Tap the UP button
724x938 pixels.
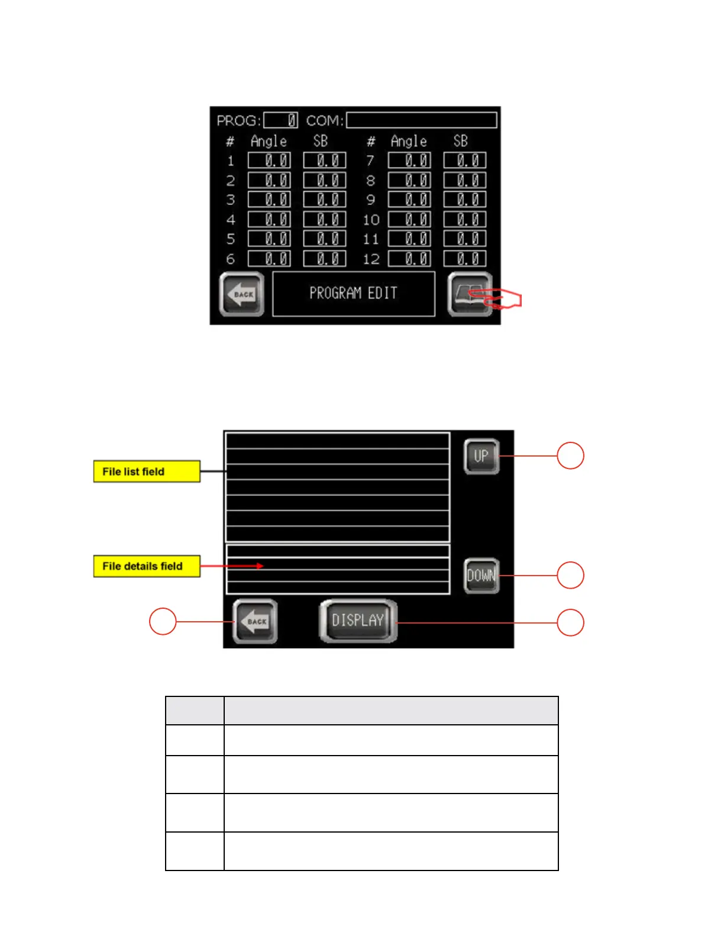click(x=481, y=456)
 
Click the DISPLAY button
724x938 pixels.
click(x=358, y=621)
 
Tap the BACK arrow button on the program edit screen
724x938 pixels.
click(x=242, y=294)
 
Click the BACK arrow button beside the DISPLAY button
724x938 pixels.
click(x=255, y=621)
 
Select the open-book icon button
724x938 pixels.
click(x=469, y=293)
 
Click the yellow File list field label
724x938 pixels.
click(x=147, y=471)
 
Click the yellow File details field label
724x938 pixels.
click(x=147, y=566)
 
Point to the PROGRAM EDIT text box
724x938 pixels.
click(x=353, y=294)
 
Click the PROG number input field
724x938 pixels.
click(x=280, y=120)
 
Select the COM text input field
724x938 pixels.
click(x=421, y=120)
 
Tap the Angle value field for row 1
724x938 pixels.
click(x=269, y=160)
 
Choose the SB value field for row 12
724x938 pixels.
click(x=465, y=259)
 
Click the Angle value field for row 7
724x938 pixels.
click(x=409, y=160)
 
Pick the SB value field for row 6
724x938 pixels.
click(x=325, y=259)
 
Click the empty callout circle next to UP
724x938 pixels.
click(x=570, y=455)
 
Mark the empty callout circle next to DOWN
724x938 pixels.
click(x=570, y=575)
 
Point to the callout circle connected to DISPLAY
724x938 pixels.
click(x=570, y=622)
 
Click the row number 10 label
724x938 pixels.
click(x=371, y=220)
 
